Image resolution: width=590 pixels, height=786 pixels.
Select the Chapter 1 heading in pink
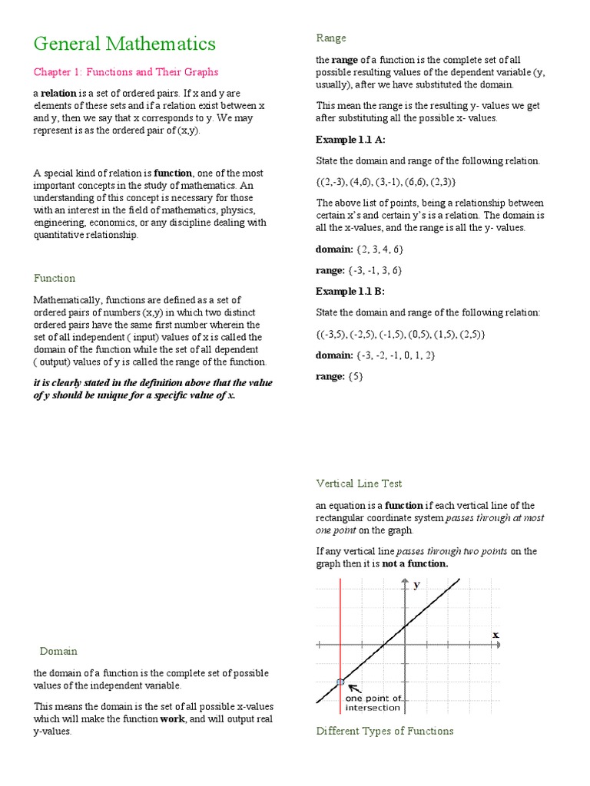[x=126, y=72]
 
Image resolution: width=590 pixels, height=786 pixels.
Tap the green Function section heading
[x=55, y=278]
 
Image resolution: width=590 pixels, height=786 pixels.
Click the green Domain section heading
[x=58, y=651]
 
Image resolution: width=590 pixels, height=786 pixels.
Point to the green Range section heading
[x=331, y=38]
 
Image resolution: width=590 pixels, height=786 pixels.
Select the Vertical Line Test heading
[x=359, y=483]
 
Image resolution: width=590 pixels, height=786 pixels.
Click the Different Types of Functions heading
[x=385, y=731]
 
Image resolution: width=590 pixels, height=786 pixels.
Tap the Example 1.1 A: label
[x=351, y=140]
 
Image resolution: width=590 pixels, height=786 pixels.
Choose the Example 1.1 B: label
[x=350, y=292]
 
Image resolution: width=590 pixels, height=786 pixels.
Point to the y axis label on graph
[x=417, y=585]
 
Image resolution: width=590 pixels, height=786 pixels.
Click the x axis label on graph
[x=496, y=635]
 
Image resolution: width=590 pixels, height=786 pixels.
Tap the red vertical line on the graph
[x=340, y=629]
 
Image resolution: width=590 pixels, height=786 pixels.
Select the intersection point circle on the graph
[x=340, y=682]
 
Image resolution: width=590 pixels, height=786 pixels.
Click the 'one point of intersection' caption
[x=373, y=702]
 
